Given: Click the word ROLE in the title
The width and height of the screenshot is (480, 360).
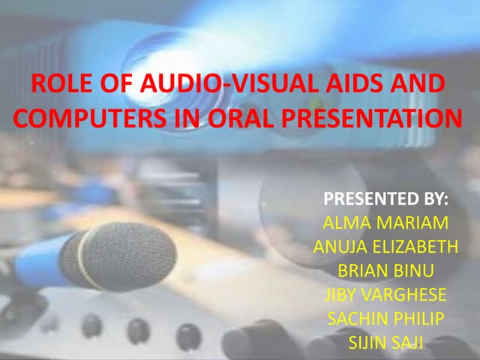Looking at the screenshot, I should (55, 85).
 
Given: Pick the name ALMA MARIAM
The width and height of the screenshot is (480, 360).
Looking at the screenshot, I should (385, 223).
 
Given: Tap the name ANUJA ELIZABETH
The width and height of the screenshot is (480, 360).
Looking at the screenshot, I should (385, 247).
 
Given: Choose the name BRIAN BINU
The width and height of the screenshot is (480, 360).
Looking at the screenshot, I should (385, 271).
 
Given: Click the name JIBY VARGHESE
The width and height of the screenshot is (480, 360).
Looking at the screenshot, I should (385, 294).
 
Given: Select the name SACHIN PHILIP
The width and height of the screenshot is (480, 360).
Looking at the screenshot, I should (385, 318).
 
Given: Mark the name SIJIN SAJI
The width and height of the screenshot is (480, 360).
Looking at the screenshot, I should (385, 342).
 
